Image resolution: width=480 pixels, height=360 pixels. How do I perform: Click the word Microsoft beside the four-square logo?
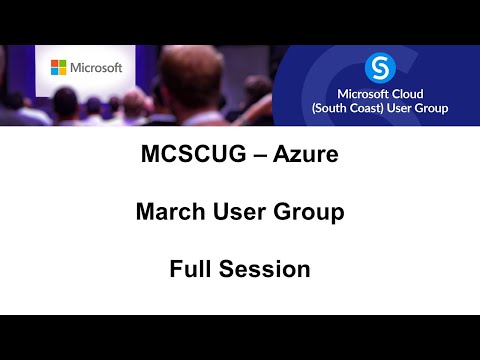[97, 67]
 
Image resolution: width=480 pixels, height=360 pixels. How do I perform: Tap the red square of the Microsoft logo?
[55, 64]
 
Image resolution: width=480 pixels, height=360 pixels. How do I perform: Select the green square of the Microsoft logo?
[62, 64]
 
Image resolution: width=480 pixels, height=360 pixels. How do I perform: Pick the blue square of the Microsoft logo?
[55, 71]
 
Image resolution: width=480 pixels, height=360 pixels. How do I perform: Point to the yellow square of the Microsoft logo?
[62, 71]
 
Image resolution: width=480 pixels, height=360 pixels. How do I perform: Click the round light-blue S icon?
[379, 68]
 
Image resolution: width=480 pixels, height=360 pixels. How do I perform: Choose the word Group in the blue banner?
[429, 107]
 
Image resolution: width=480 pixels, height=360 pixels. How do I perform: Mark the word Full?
[189, 269]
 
